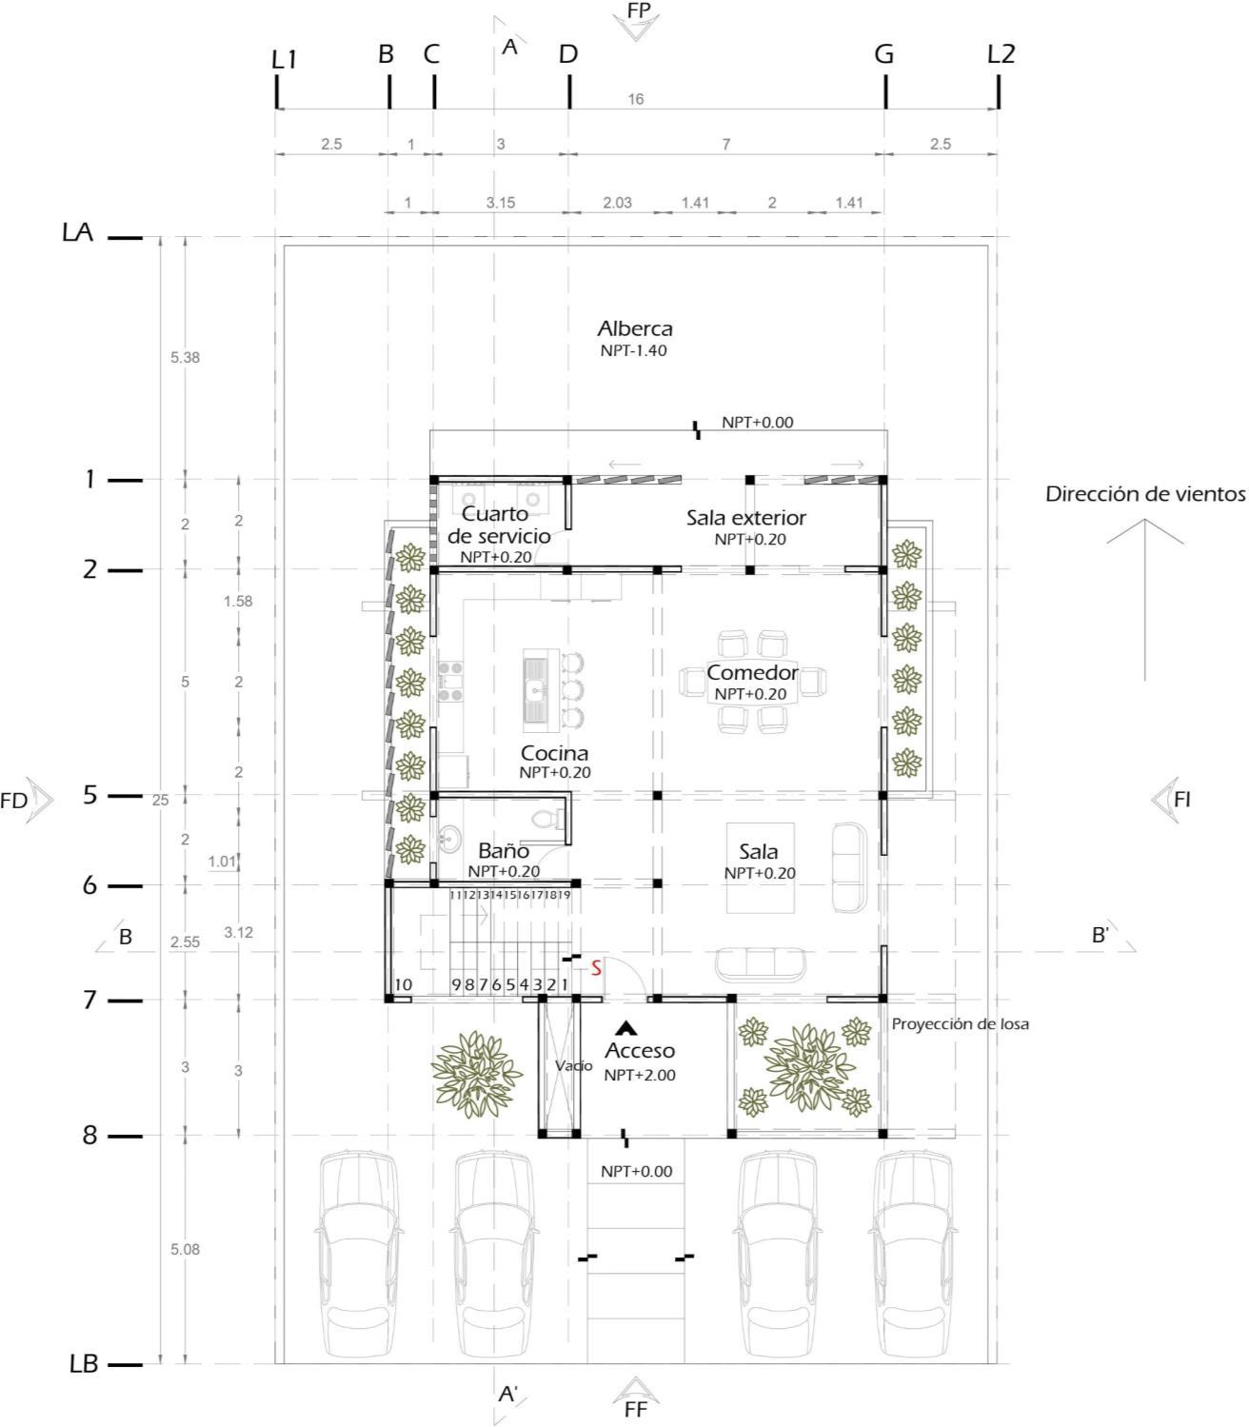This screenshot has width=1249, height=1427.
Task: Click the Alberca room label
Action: [x=635, y=328]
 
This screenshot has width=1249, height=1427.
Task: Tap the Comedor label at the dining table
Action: [x=752, y=673]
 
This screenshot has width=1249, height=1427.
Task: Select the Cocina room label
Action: [x=554, y=753]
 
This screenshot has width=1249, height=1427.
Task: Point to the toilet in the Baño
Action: [x=545, y=818]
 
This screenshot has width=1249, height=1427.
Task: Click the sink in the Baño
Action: [x=447, y=840]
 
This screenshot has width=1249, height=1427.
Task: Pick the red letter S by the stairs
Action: [x=596, y=968]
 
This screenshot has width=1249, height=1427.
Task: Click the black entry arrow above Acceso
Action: [x=625, y=1028]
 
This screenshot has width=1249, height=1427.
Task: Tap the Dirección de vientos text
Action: [x=1145, y=494]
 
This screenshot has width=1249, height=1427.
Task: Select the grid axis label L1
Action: [x=285, y=59]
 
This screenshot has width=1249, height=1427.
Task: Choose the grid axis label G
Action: [x=884, y=54]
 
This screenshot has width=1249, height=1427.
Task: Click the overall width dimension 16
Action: [x=636, y=99]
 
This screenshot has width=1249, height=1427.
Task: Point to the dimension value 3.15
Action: [x=501, y=202]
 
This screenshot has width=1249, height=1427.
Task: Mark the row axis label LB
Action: [x=84, y=1363]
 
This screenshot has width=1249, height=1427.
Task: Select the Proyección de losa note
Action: [x=961, y=1024]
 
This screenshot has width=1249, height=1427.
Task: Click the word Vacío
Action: [x=574, y=1065]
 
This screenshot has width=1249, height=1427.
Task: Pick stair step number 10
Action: [x=403, y=984]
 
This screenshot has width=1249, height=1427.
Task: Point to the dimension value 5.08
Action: [x=185, y=1249]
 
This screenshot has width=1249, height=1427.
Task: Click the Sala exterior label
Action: [x=746, y=518]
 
